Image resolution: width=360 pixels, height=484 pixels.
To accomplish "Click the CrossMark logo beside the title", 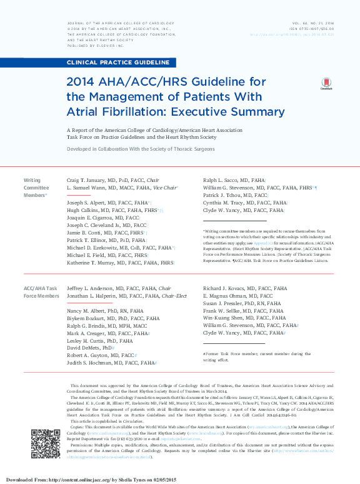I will pos(326,84).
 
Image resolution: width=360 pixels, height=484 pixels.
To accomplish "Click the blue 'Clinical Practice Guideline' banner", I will pos(119,63).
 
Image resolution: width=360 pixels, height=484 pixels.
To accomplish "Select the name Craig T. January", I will pos(87,180).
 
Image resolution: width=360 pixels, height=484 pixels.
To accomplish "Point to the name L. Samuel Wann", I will pos(88,188).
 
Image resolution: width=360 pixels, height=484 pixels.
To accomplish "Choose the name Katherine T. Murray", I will pos(91,263).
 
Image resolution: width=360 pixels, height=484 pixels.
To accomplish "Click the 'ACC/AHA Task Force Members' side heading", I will pos(41,292).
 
